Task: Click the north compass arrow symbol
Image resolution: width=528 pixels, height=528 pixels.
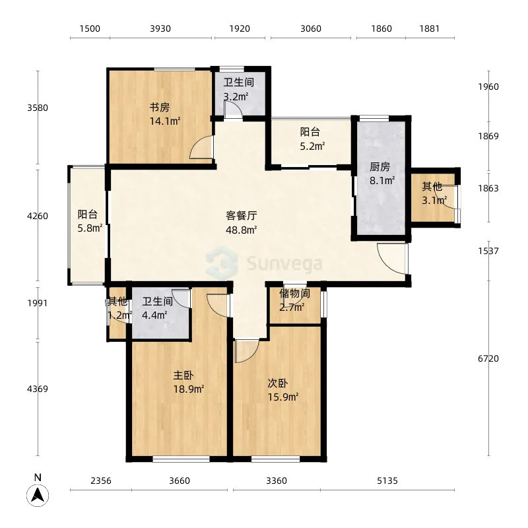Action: click(38, 496)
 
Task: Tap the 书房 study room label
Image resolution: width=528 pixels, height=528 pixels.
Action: click(160, 108)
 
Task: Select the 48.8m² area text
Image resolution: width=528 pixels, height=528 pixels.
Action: click(242, 230)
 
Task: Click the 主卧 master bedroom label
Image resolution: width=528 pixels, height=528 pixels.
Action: click(183, 375)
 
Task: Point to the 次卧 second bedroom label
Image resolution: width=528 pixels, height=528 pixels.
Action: click(277, 383)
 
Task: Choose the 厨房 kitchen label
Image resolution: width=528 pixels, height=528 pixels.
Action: click(380, 167)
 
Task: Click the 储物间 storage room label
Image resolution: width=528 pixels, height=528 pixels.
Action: click(294, 293)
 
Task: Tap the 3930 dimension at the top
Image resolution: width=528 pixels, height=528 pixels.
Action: click(160, 28)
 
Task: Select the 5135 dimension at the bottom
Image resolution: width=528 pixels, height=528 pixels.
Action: click(387, 480)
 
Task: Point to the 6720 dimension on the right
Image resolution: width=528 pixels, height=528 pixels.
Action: click(488, 358)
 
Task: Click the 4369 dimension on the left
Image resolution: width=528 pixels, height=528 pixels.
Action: click(38, 389)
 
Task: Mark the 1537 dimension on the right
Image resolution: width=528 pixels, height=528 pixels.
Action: click(488, 251)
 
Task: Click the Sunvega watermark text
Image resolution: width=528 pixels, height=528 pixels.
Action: click(284, 263)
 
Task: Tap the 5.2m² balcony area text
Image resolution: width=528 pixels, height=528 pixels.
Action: click(312, 146)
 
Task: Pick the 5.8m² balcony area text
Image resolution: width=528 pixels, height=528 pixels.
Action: click(90, 228)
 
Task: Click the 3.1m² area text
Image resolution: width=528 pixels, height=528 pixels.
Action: click(434, 201)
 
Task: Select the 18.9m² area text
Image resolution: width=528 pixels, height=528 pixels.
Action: click(189, 389)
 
